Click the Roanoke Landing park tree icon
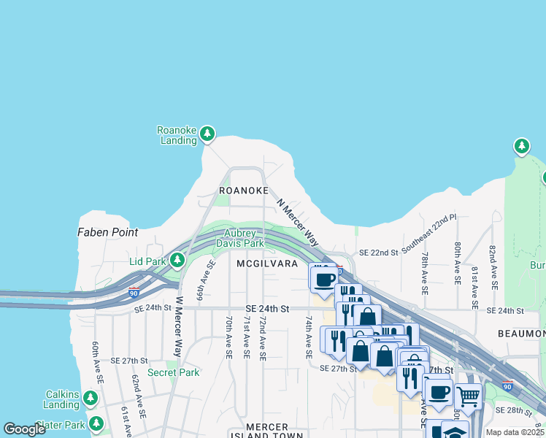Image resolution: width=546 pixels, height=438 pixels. [208, 133]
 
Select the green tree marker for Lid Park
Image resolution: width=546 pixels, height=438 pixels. [177, 259]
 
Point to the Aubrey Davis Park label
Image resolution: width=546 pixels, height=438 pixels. [243, 238]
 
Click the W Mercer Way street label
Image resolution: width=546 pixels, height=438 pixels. [177, 326]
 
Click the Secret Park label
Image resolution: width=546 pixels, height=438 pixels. [173, 372]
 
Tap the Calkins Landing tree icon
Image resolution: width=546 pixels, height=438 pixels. [91, 399]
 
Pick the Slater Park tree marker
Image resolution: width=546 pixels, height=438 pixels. [96, 423]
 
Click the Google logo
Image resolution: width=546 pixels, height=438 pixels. [24, 429]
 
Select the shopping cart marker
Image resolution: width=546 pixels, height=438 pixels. [468, 396]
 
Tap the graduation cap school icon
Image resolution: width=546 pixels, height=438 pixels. [455, 431]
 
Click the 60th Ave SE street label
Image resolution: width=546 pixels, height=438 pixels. [96, 361]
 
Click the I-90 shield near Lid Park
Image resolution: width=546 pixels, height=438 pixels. [134, 293]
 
